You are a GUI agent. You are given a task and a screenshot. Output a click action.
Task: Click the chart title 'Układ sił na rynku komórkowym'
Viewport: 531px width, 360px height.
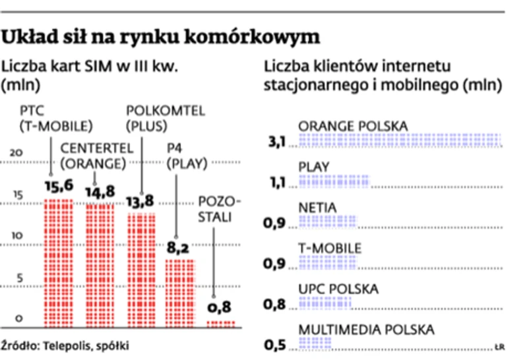tap(162, 37)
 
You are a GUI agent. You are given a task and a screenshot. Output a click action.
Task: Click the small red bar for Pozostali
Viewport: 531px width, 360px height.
tap(221, 323)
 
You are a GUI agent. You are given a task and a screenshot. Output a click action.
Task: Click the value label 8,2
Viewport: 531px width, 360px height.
tap(179, 249)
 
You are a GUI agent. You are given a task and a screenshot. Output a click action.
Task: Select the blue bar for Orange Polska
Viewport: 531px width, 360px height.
tap(400, 140)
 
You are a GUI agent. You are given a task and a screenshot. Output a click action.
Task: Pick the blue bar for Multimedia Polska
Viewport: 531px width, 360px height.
tap(315, 344)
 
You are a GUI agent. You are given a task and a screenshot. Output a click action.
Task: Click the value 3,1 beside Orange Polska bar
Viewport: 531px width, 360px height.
tap(275, 142)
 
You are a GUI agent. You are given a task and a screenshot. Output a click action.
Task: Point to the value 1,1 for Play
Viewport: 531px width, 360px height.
tap(275, 183)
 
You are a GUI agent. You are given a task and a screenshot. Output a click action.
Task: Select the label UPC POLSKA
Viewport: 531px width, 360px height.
tap(338, 289)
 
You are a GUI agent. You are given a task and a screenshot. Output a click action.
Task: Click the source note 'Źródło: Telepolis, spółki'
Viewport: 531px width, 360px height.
tap(65, 345)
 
